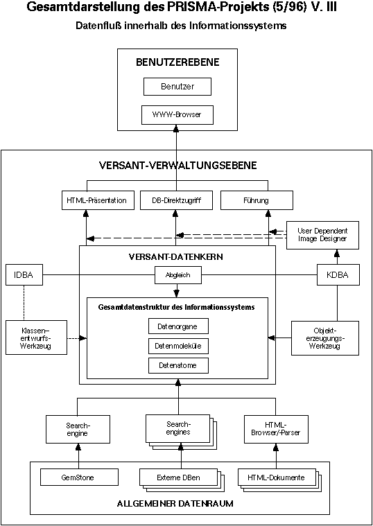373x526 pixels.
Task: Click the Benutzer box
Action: point(177,87)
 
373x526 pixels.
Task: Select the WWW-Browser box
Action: point(177,114)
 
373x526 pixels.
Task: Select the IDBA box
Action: point(24,275)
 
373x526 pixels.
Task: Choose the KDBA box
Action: point(337,275)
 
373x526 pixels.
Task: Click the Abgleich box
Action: point(177,275)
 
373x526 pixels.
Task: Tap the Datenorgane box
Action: point(178,326)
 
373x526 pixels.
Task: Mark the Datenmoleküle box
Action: point(178,346)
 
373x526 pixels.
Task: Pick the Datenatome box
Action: point(178,366)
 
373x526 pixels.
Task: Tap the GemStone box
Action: point(79,477)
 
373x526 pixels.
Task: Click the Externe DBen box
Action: point(178,477)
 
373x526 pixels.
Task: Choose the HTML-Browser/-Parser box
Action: point(276,429)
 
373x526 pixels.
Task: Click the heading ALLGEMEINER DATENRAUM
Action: point(175,504)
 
